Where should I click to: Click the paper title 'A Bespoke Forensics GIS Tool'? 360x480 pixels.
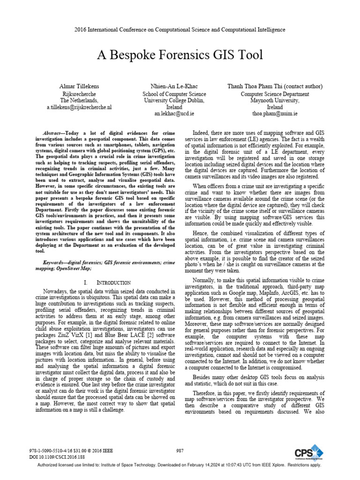180,55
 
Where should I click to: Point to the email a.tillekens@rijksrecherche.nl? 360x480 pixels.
79,107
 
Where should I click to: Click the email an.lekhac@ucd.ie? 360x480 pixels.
174,113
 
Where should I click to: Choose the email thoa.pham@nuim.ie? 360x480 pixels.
269,113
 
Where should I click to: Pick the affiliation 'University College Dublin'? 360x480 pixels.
174,100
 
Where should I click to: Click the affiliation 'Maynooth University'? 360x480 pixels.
269,100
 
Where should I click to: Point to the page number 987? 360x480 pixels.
180,450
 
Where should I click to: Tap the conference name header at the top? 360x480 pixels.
180,30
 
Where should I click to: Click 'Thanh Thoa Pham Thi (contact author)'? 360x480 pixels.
269,86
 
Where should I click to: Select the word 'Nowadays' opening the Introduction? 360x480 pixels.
55,292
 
